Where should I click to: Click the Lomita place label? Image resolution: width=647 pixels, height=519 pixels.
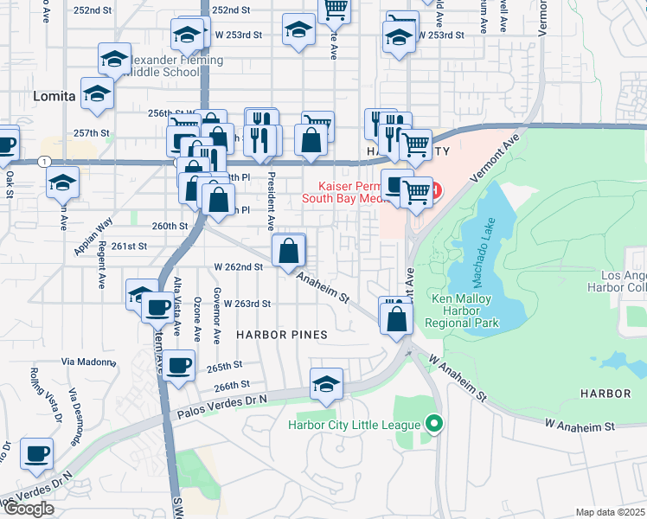coord(54,96)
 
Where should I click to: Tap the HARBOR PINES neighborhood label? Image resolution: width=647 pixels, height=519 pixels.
coord(281,335)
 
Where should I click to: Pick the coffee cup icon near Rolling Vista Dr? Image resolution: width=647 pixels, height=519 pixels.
coord(36,453)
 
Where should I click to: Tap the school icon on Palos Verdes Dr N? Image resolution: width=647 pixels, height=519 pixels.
coord(326,384)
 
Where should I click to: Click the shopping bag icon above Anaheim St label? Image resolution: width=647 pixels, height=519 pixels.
coord(289,251)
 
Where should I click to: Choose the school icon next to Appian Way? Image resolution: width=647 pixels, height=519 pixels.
coord(63,183)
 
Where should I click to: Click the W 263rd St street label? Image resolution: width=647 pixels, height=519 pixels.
coord(247,304)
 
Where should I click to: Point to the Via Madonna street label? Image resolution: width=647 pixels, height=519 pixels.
coord(89,362)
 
